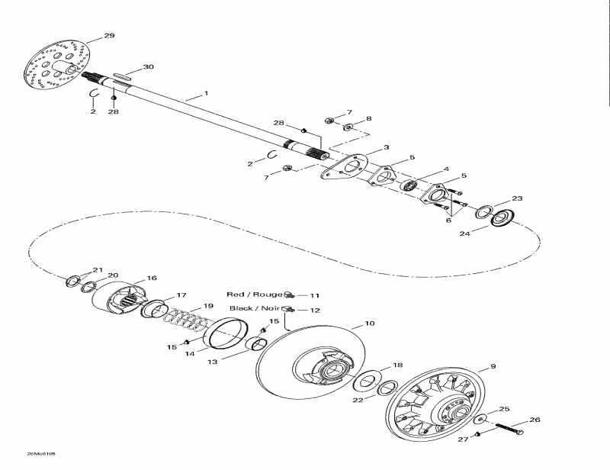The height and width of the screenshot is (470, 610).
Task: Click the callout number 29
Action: coord(109,36)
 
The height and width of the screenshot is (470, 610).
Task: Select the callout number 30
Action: coord(148,67)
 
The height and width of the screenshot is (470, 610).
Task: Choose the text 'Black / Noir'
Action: coord(255,308)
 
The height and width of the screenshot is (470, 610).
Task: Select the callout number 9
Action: coord(493,366)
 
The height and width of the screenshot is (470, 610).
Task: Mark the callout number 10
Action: coord(369,324)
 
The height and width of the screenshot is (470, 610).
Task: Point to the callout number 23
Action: coord(517,198)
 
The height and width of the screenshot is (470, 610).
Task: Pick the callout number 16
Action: coord(151,278)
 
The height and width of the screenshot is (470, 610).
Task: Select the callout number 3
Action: coord(387,147)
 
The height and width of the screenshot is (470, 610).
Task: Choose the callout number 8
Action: coord(369,119)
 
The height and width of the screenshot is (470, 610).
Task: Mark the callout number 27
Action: coord(461,439)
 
